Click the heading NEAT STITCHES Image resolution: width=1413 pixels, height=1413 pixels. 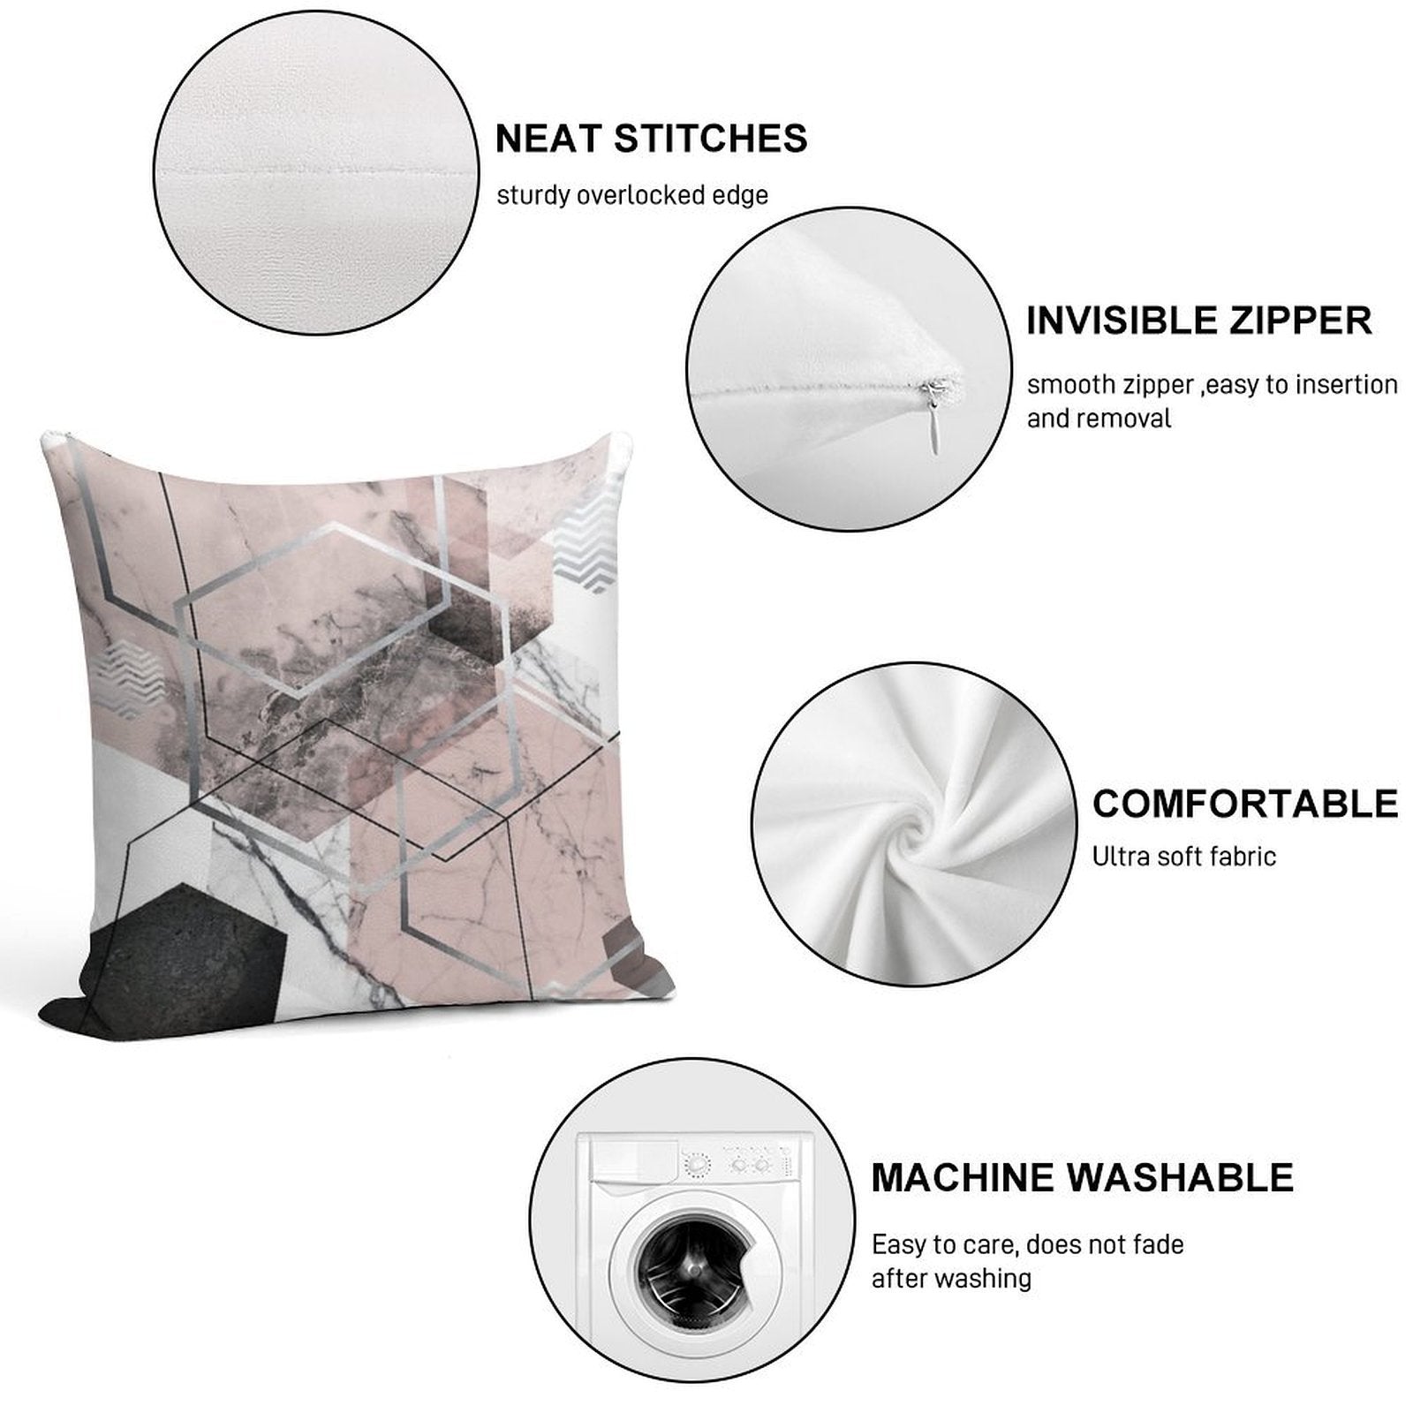[651, 139]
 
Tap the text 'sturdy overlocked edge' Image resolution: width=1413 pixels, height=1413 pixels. [632, 195]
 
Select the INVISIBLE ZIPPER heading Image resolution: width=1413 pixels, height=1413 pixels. [1199, 320]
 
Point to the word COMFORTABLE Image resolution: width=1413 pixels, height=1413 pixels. [1245, 804]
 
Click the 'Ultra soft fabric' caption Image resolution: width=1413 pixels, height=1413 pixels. [1184, 856]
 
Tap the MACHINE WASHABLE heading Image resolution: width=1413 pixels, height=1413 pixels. [1082, 1178]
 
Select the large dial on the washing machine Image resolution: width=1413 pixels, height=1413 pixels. [698, 1165]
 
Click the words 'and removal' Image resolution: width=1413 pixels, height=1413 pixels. [1099, 418]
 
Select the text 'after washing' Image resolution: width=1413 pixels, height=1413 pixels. [951, 1278]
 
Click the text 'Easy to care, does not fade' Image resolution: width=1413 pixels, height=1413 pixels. [1028, 1245]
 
